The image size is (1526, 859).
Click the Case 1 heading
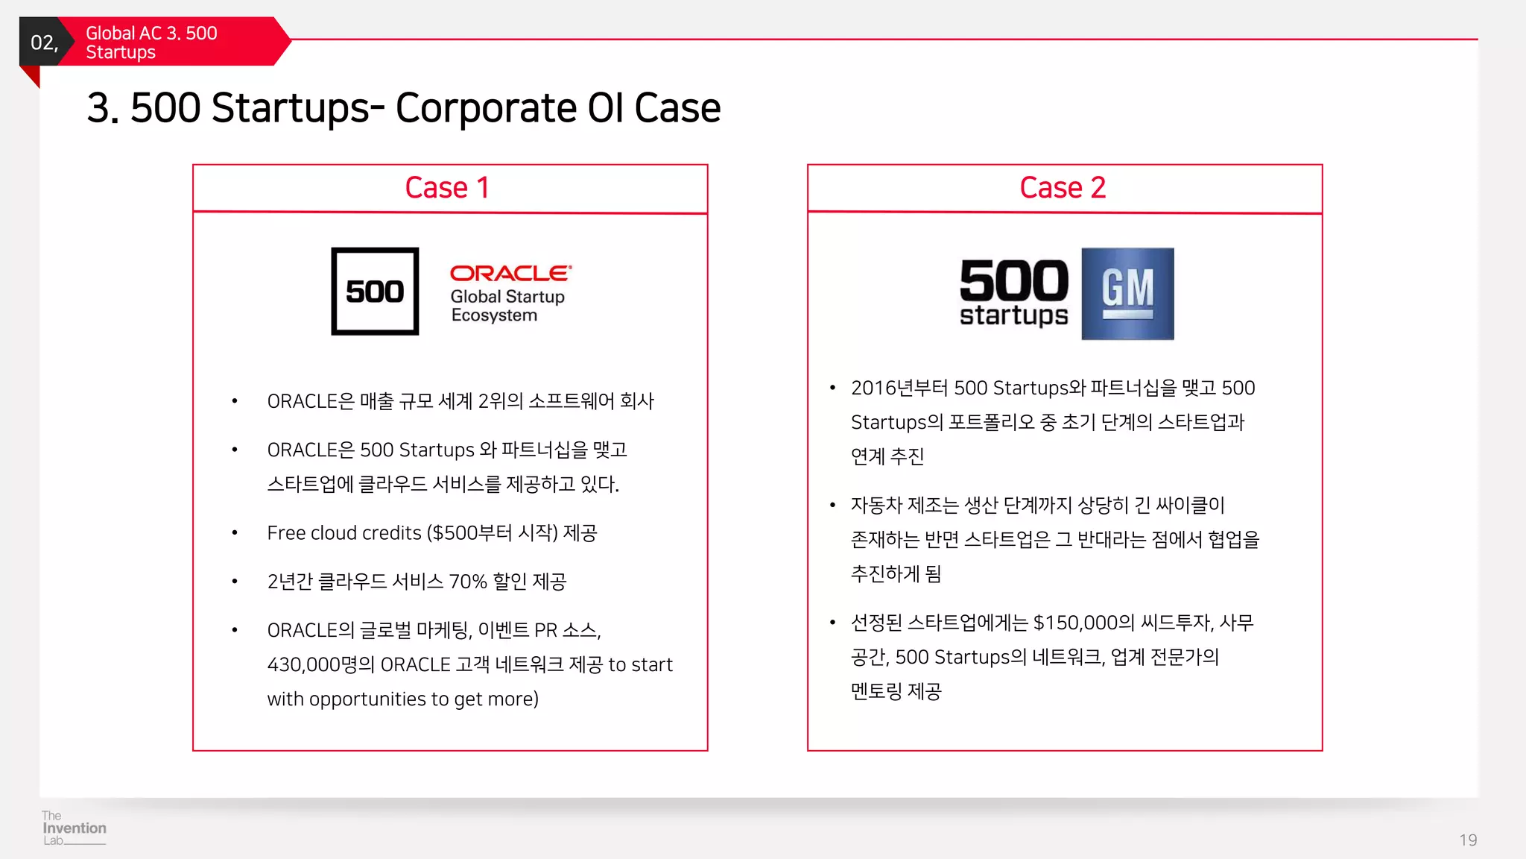pos(447,188)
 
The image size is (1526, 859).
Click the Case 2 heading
pos(1063,188)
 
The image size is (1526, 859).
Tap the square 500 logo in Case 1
pos(375,292)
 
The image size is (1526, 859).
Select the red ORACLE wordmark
pos(510,274)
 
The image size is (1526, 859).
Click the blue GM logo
pos(1127,294)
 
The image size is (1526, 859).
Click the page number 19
pos(1468,840)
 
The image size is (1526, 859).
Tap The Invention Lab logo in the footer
pos(74,828)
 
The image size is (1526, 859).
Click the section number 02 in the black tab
pos(43,43)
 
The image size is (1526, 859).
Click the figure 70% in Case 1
pos(467,582)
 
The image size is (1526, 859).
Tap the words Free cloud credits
pos(344,533)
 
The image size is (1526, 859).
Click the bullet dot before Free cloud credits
pos(235,533)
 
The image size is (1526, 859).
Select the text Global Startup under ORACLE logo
pos(507,297)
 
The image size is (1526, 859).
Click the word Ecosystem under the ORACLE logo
pos(494,315)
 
